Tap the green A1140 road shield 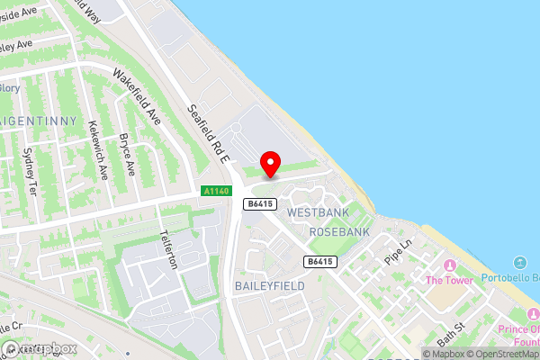pos(216,191)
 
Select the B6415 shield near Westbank pos(259,204)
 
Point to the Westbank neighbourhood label pos(316,212)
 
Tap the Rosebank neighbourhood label pos(339,232)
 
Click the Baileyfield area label pos(269,285)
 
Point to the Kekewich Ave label pos(96,148)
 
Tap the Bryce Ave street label pos(127,154)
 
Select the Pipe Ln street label pos(397,251)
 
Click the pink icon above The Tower pos(449,265)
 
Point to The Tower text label pos(449,280)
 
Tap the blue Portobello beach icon pos(520,263)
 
